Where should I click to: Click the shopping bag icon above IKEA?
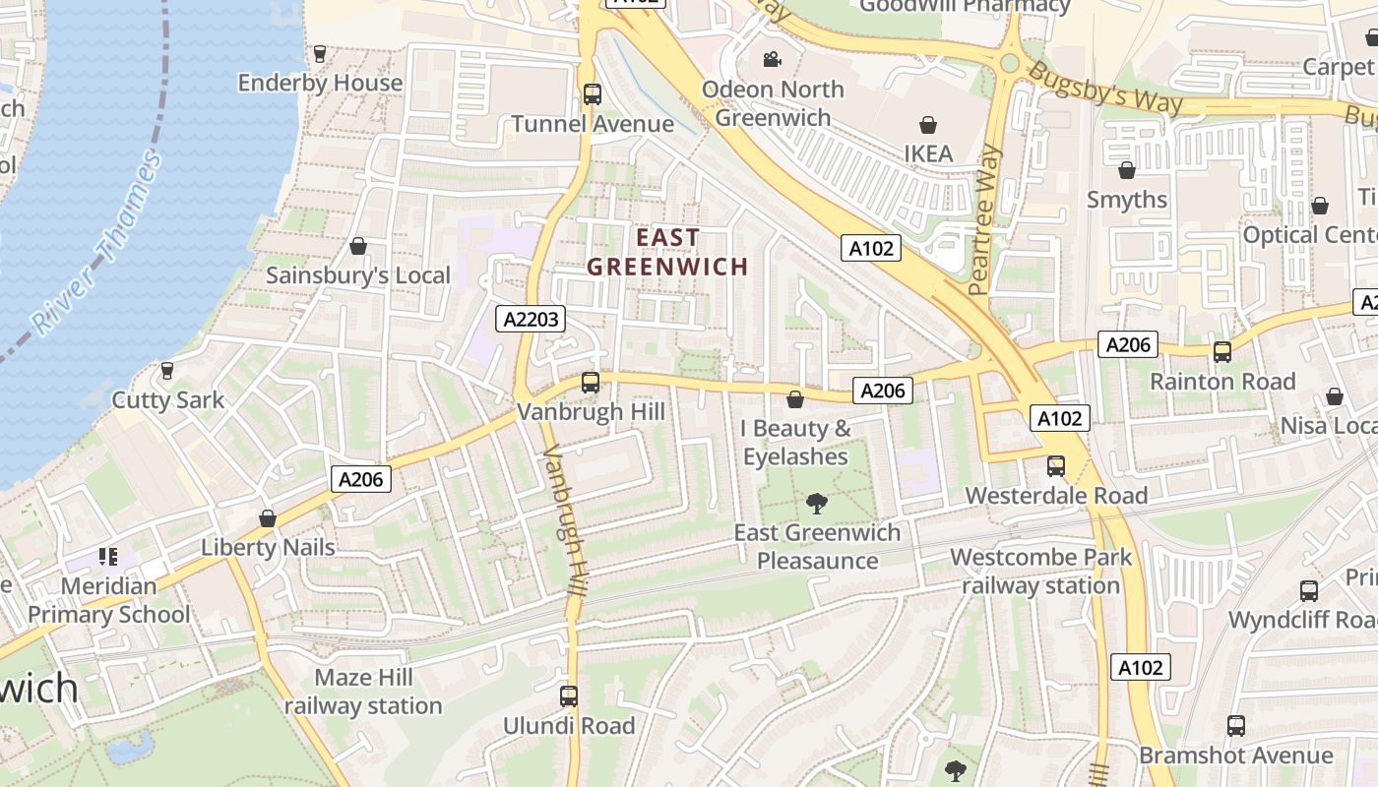click(927, 125)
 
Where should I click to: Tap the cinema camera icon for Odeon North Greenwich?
click(772, 60)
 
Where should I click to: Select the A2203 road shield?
click(531, 319)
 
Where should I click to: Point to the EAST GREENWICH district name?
click(668, 252)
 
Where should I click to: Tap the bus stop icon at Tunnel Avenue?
click(592, 94)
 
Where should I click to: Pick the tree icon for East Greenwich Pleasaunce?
click(816, 504)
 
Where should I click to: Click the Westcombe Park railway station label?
click(1041, 572)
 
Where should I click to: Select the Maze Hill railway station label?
click(363, 692)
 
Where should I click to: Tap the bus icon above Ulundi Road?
click(568, 696)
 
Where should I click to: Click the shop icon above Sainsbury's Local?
click(358, 246)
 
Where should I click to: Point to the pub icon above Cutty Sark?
click(167, 371)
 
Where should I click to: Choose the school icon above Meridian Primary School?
click(108, 557)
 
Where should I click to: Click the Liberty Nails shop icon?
click(268, 518)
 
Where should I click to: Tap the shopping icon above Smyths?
click(1127, 170)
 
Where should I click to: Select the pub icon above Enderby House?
click(320, 54)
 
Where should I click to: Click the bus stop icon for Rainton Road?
click(1222, 352)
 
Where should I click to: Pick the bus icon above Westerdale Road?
click(1056, 466)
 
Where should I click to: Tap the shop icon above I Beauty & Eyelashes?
click(795, 399)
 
